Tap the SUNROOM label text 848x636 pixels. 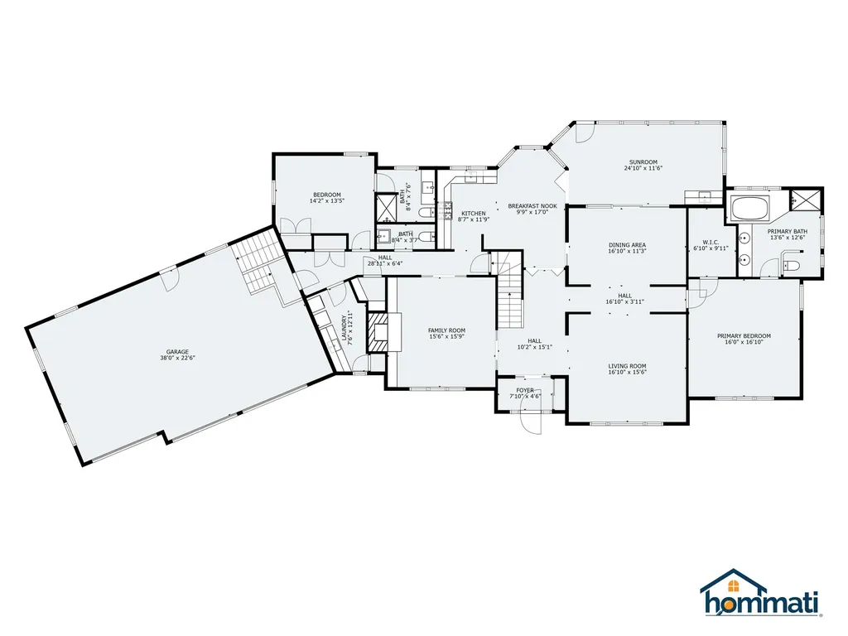pos(643,161)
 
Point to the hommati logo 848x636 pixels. pos(763,594)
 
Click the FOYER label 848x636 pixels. pos(525,390)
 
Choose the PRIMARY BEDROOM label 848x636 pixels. pos(744,335)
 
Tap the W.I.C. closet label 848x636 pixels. pos(710,242)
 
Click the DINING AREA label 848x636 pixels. pos(627,245)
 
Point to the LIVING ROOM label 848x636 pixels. pos(627,365)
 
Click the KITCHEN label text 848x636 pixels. pos(474,213)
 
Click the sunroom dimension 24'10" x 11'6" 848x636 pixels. pos(643,168)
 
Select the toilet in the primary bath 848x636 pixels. pos(790,266)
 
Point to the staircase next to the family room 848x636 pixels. pos(511,301)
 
